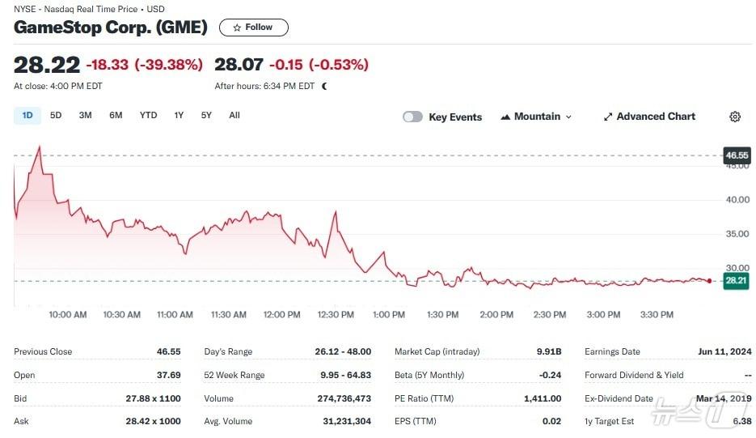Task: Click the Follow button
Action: [253, 28]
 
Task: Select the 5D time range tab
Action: [56, 116]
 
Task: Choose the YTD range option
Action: [148, 116]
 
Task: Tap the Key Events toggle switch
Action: [412, 117]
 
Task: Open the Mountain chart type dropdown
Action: [536, 117]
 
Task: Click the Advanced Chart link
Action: [648, 117]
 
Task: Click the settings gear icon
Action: [735, 117]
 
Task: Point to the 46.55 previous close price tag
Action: [737, 155]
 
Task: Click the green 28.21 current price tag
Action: [736, 281]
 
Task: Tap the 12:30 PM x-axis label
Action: [336, 315]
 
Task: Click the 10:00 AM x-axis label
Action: [68, 315]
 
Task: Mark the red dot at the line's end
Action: [709, 281]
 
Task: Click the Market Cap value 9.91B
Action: [548, 352]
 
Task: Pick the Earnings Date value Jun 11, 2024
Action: [724, 352]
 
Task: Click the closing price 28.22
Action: [47, 65]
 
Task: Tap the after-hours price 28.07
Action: [239, 65]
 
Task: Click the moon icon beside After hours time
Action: [324, 86]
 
